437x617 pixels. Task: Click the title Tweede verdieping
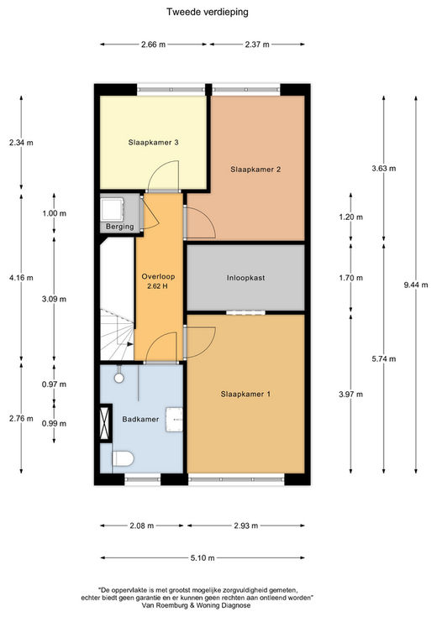[208, 12]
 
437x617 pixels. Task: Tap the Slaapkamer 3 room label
[153, 143]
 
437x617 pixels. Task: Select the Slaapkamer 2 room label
[255, 170]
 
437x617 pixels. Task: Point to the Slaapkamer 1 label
[245, 394]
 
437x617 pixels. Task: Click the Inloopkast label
[245, 278]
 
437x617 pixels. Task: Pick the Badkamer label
[140, 419]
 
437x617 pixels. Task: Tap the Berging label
[120, 227]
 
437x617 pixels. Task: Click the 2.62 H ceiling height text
[157, 286]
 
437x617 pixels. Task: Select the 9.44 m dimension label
[416, 285]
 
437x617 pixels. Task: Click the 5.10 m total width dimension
[203, 557]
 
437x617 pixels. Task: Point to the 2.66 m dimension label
[153, 44]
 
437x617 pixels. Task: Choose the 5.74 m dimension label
[384, 359]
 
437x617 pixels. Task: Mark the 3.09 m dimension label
[54, 299]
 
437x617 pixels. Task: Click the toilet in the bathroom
[123, 459]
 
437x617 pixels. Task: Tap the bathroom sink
[174, 420]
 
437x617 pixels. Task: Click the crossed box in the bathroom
[105, 423]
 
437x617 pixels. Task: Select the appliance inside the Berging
[113, 209]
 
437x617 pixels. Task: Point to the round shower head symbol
[119, 378]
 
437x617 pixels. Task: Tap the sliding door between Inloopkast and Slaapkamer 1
[245, 313]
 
